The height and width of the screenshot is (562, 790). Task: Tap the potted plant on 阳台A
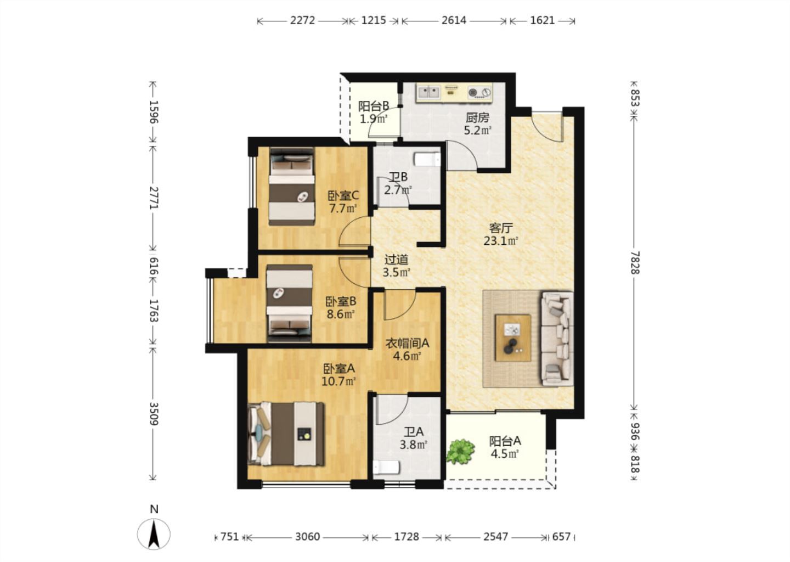(460, 451)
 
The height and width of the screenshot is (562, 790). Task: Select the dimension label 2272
(302, 20)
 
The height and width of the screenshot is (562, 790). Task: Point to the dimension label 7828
(635, 262)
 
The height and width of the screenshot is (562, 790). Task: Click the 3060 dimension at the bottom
(307, 537)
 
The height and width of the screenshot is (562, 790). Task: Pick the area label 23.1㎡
(500, 241)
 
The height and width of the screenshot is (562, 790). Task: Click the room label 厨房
(477, 117)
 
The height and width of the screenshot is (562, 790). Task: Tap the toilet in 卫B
(427, 159)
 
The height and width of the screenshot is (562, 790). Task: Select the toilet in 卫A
(386, 468)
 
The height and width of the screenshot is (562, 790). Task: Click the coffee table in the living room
(513, 338)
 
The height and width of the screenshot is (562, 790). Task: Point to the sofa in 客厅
(557, 339)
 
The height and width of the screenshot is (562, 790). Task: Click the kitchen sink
(428, 92)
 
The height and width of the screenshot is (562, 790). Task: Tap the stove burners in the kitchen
(479, 92)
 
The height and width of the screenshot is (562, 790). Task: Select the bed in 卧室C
(292, 187)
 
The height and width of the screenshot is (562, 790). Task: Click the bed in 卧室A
(286, 434)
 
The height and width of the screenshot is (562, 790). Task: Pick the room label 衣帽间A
(407, 343)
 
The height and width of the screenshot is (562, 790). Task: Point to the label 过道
(397, 260)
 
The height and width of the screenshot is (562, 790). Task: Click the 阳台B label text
(374, 106)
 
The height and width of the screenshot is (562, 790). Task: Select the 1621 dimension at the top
(543, 20)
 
